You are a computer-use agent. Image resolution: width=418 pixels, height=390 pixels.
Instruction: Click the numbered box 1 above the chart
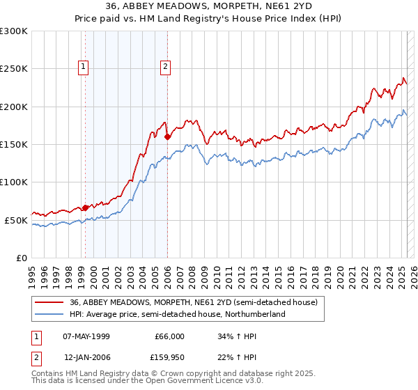84,68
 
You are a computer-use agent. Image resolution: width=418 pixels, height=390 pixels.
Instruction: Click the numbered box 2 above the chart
166,68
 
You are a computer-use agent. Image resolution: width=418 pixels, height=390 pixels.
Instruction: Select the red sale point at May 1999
85,208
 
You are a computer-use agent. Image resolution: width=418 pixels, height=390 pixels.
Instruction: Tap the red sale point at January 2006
167,137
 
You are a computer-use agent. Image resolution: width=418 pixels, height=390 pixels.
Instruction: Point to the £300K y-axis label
14,31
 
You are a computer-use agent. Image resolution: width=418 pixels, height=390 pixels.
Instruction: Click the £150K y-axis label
14,145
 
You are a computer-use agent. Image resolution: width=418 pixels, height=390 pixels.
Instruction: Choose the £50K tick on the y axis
16,220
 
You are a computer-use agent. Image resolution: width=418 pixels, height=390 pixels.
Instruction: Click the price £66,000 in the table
169,336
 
